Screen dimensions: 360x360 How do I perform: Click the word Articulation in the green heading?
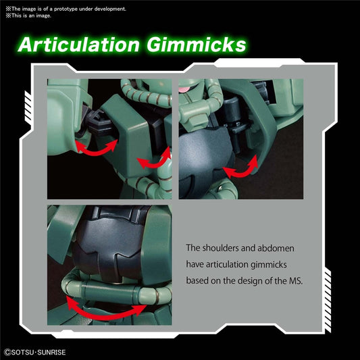[x=79, y=45]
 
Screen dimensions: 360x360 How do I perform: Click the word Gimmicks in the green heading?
[x=197, y=45]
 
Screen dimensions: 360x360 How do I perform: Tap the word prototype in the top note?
[x=66, y=9]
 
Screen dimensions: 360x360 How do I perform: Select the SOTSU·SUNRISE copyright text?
[x=35, y=353]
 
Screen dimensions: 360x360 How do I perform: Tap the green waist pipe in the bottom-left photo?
[x=115, y=291]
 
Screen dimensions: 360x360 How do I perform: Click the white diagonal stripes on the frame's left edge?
[x=28, y=108]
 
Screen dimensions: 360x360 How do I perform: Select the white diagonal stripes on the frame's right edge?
[x=328, y=301]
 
